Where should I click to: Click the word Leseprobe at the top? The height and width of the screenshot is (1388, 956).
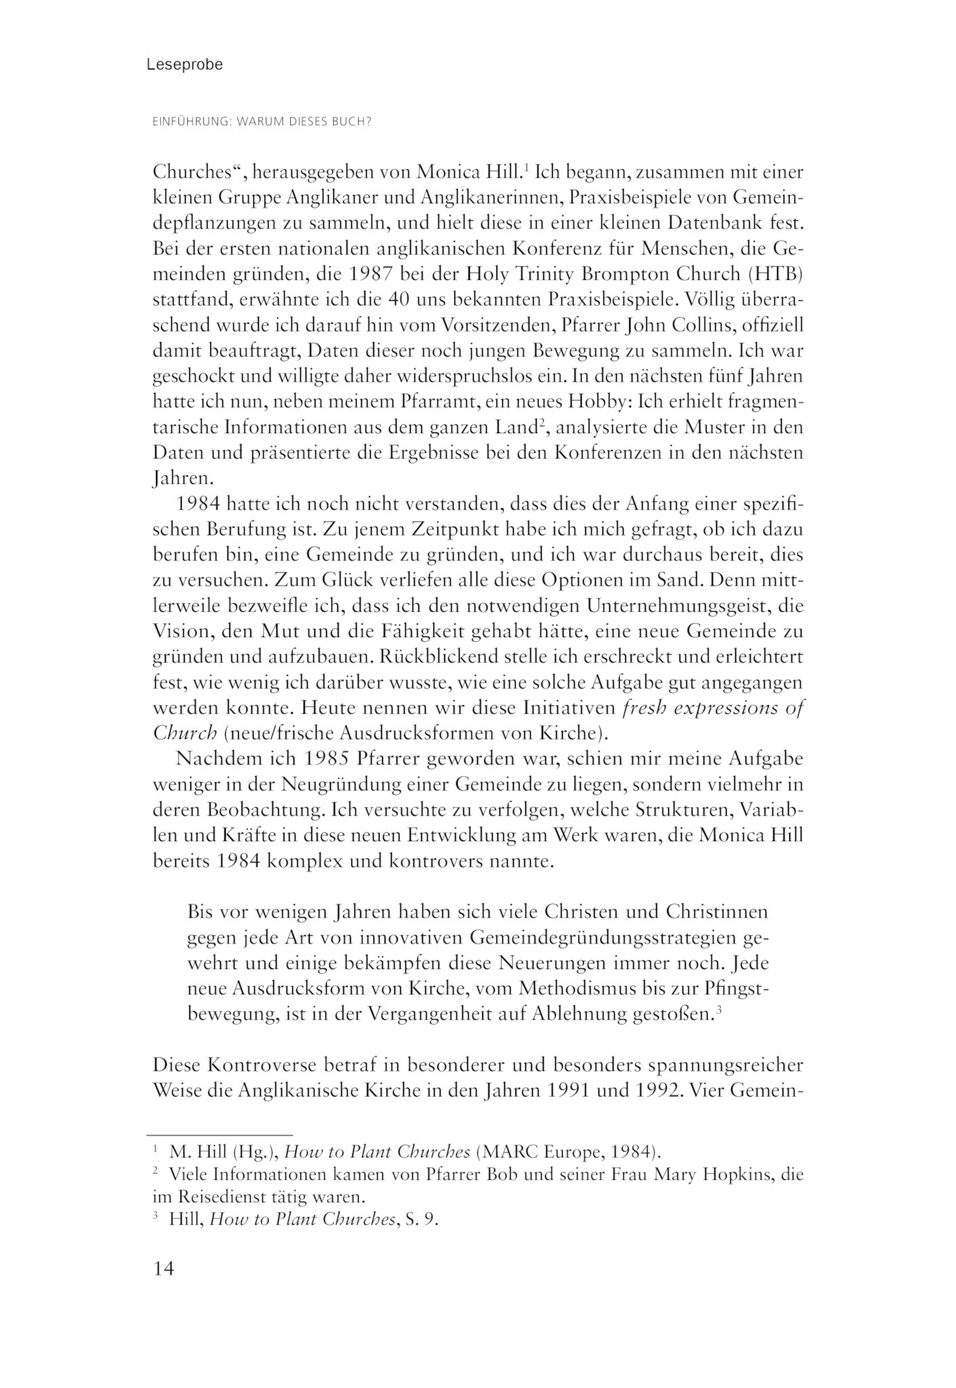click(x=184, y=65)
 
